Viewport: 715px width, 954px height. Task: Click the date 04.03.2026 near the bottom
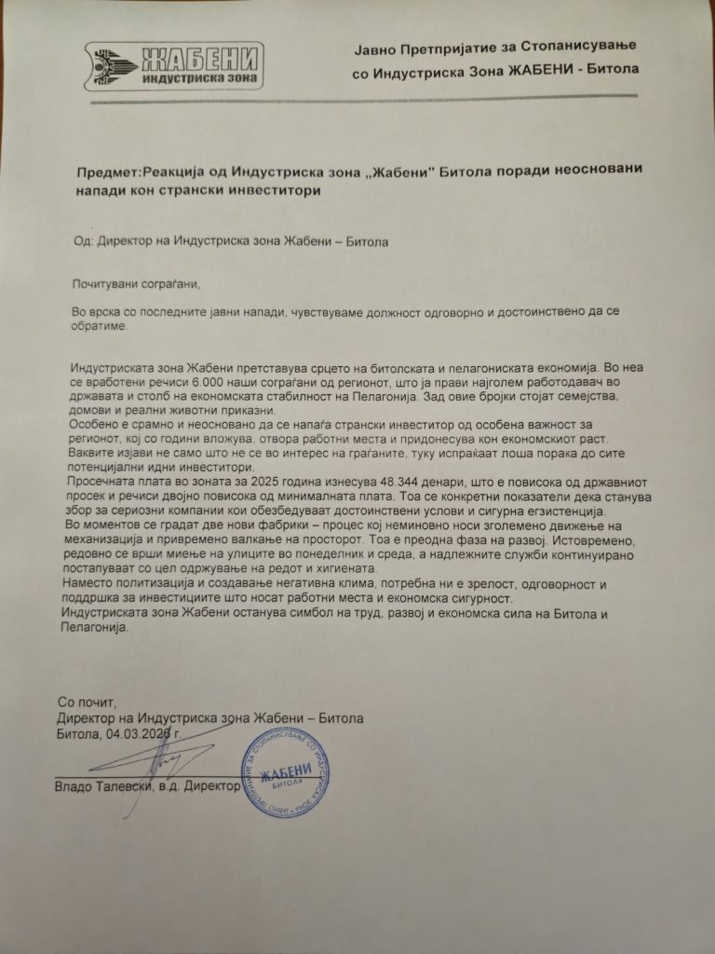coord(142,735)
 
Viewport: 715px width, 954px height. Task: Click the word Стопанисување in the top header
coord(555,48)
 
